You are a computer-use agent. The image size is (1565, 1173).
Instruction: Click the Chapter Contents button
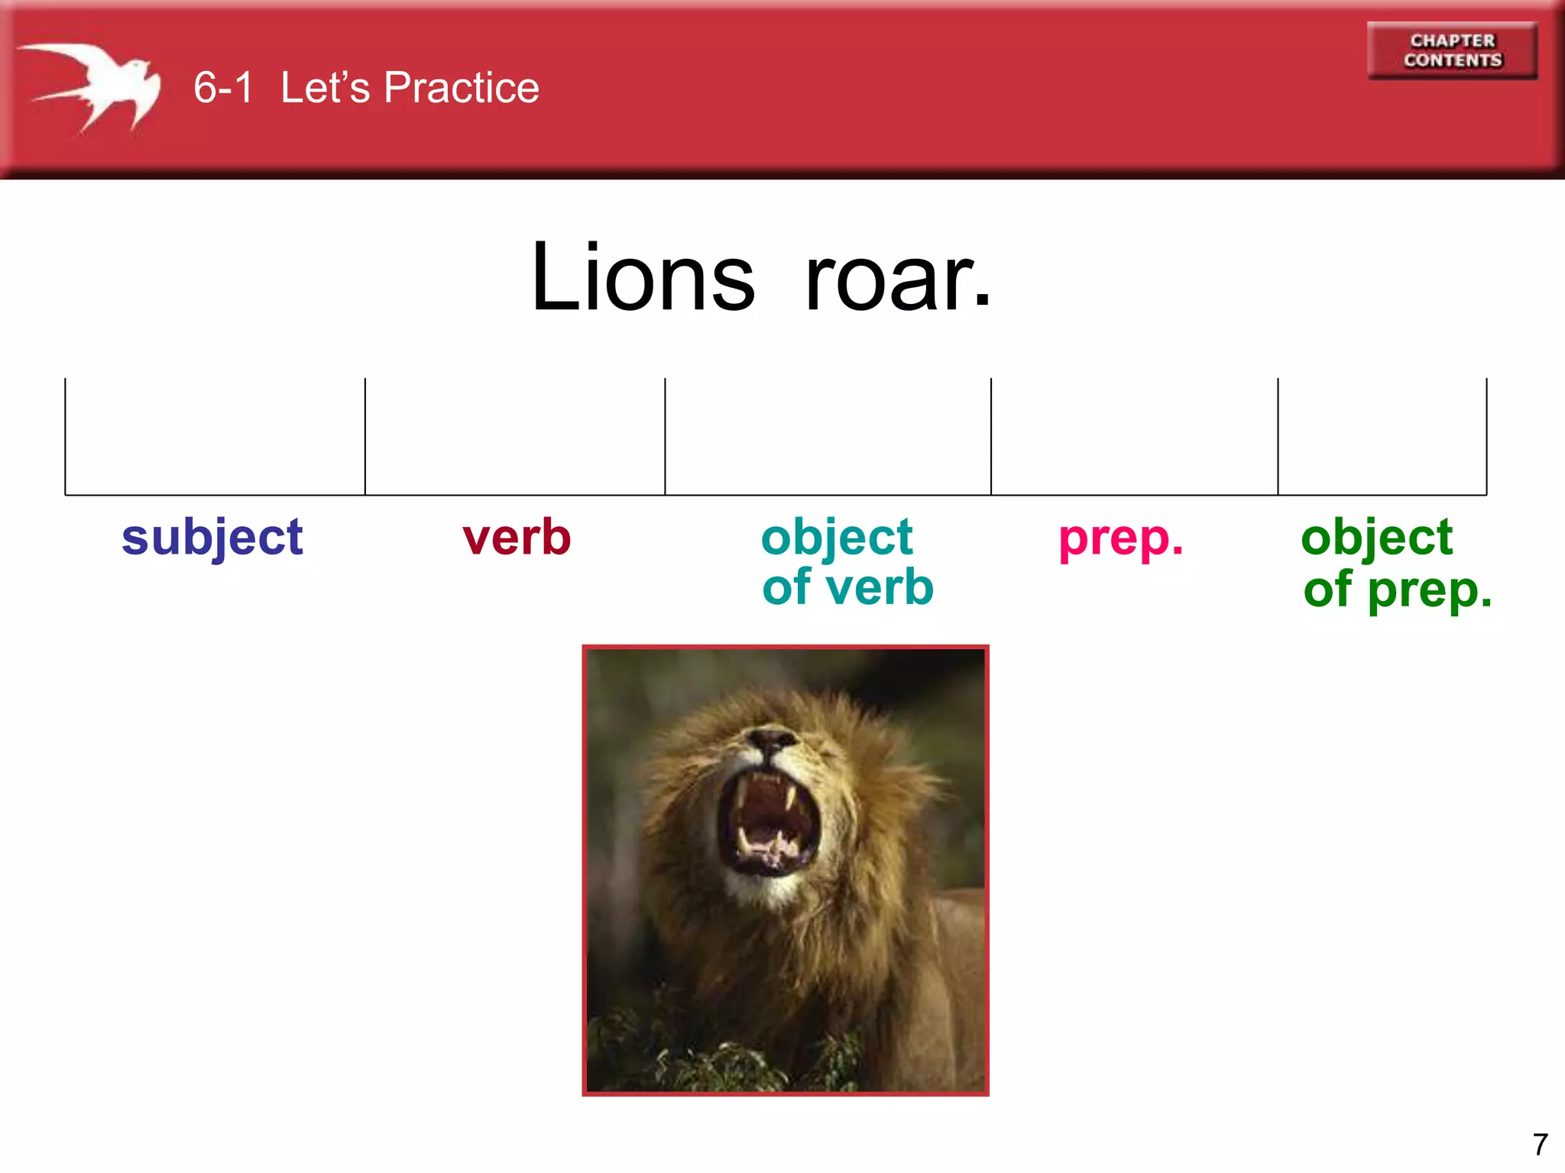1452,50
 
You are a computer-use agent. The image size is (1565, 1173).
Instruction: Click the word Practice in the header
461,87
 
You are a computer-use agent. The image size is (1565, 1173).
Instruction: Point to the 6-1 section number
222,87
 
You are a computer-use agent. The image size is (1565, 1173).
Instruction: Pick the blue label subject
212,538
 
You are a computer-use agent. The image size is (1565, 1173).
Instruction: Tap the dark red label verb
517,537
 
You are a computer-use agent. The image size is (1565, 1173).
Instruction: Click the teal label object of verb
847,562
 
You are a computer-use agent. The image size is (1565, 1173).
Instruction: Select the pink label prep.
1120,538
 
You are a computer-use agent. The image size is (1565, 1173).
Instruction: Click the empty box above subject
215,437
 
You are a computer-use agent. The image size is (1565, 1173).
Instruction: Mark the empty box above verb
515,437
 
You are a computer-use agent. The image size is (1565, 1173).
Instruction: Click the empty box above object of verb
828,437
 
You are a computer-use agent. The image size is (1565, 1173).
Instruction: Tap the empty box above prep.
1134,437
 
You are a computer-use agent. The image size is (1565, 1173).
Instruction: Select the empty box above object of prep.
1382,437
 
